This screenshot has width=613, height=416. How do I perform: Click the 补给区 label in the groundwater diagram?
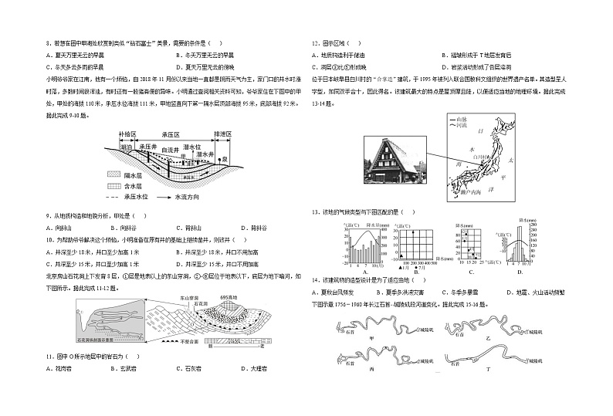coord(127,134)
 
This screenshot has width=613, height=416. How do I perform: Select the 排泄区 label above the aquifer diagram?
coord(222,134)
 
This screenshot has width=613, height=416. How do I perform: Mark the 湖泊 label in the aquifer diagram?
coord(127,146)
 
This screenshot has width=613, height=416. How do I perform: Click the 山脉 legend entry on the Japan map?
coord(462,120)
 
